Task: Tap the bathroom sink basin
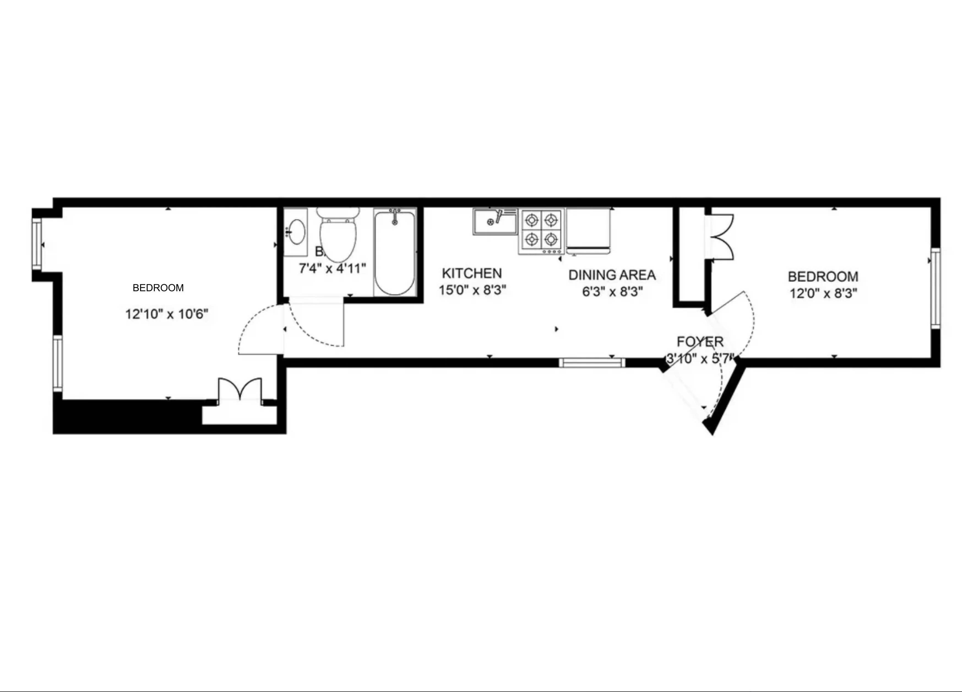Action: point(297,232)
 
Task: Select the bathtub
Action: point(395,253)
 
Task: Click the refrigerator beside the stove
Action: point(588,231)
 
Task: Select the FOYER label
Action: point(700,342)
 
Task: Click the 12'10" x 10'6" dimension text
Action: point(167,314)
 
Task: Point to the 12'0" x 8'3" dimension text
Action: point(823,293)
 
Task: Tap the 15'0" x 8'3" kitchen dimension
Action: point(472,290)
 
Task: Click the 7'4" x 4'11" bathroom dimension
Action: point(332,268)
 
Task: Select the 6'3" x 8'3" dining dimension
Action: point(612,292)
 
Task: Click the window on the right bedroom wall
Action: point(935,288)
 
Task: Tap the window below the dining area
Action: point(592,363)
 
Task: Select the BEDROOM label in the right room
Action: point(823,277)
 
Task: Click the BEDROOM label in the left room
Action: point(158,288)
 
